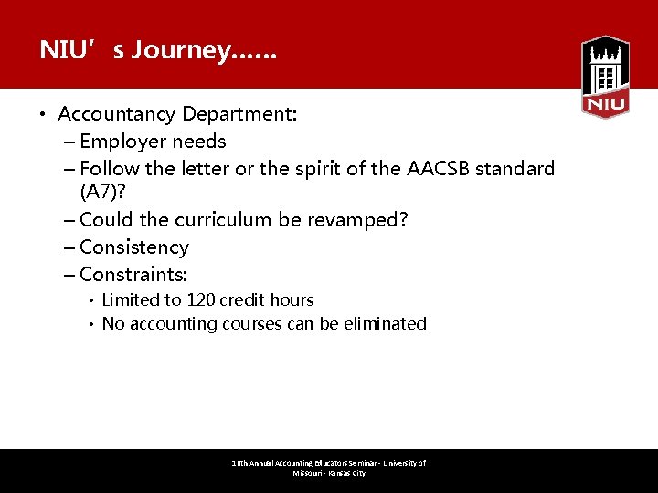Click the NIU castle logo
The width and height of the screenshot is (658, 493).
(x=605, y=77)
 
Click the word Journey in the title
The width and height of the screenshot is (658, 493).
(x=180, y=50)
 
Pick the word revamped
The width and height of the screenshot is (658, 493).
(x=357, y=220)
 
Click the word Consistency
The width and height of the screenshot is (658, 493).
(x=134, y=247)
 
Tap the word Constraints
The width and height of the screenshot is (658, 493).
(x=132, y=275)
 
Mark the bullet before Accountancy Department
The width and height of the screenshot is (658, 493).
(x=42, y=115)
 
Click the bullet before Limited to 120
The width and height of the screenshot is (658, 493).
(x=91, y=300)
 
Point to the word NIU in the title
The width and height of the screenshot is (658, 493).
(x=62, y=50)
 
